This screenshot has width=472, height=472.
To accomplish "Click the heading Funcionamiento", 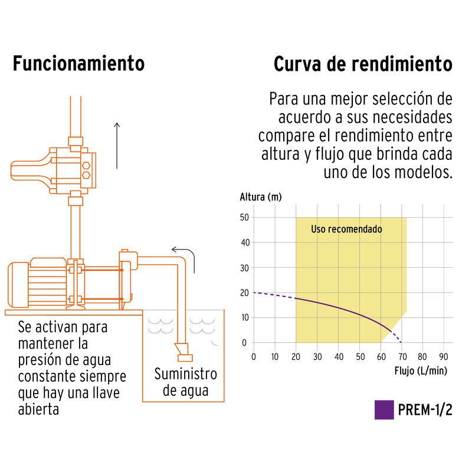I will click(x=78, y=64).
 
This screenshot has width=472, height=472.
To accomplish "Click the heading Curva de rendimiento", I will click(x=363, y=64).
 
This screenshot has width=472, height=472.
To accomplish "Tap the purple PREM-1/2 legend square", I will click(x=384, y=410).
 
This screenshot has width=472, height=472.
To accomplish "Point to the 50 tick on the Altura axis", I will click(x=244, y=218).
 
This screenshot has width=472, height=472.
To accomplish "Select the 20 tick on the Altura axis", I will click(x=244, y=293).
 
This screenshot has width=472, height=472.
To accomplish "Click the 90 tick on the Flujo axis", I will click(x=444, y=357).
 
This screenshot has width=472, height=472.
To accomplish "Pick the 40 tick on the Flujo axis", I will click(x=338, y=357).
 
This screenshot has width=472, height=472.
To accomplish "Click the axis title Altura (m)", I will click(x=261, y=197).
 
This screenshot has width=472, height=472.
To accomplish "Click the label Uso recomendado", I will click(x=346, y=229).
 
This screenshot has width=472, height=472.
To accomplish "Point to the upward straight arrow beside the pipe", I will click(x=117, y=145).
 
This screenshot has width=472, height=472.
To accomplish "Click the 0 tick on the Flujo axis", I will click(x=254, y=357).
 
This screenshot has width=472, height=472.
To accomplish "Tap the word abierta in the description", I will click(x=38, y=408).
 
